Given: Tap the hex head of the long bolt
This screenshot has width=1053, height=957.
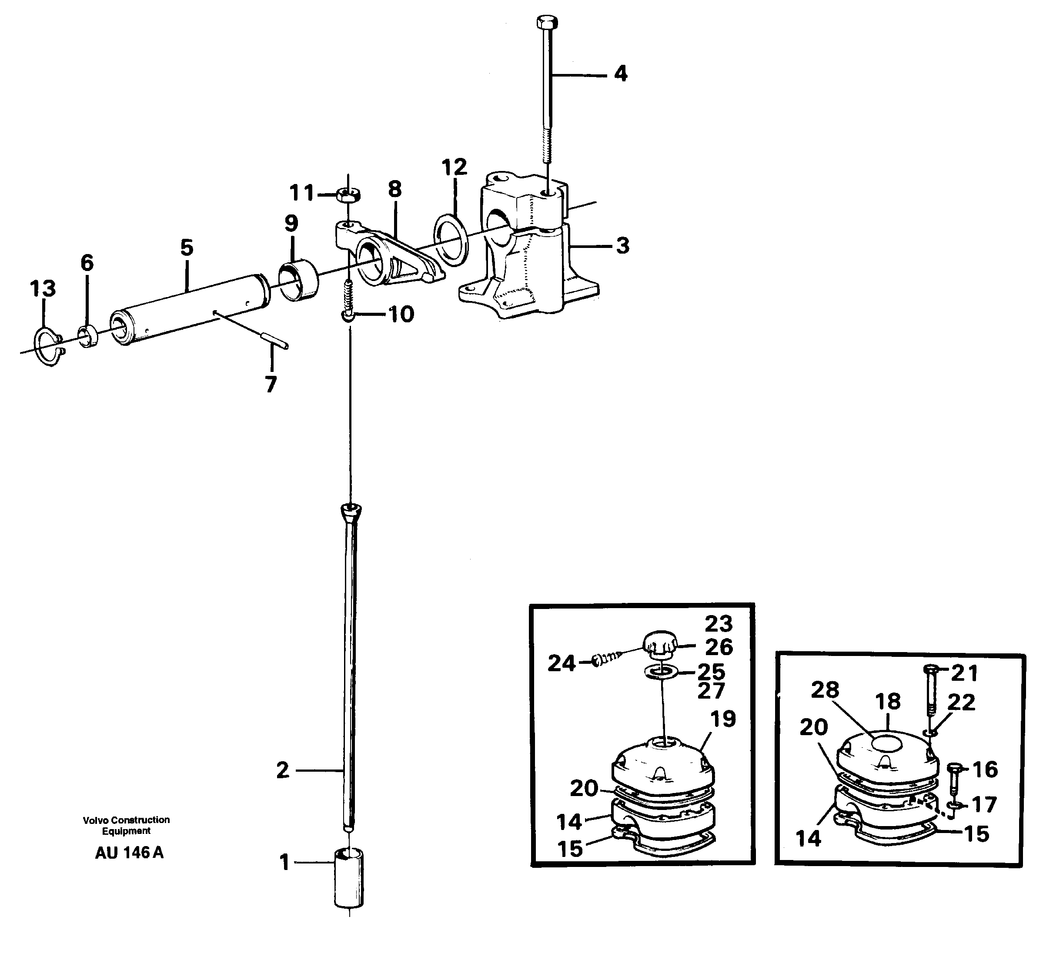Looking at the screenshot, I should pyautogui.click(x=547, y=23).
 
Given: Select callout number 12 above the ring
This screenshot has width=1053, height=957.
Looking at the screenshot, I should pyautogui.click(x=454, y=167).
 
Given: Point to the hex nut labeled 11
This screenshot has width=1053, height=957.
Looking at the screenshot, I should pyautogui.click(x=348, y=196).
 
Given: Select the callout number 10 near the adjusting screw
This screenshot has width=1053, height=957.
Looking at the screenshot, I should pyautogui.click(x=401, y=315).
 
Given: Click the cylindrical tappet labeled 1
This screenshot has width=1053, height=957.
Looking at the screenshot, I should pyautogui.click(x=349, y=880).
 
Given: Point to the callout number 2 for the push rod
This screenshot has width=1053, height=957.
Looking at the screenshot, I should pyautogui.click(x=283, y=770).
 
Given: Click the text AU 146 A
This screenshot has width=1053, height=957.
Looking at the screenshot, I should pyautogui.click(x=129, y=853).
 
